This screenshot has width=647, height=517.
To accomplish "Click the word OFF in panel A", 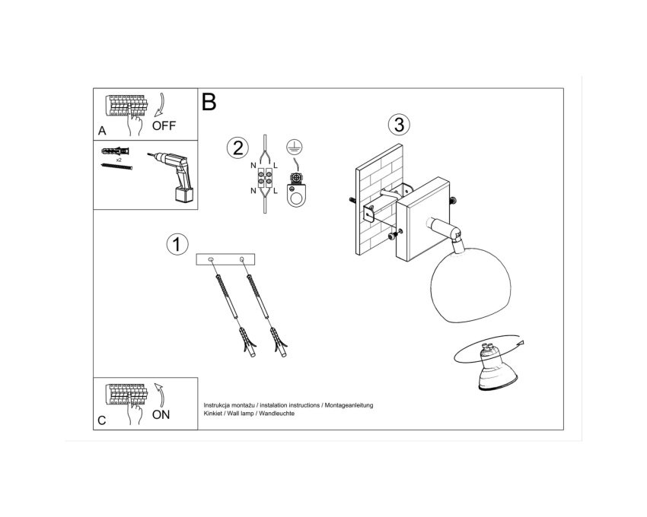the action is click(x=164, y=125).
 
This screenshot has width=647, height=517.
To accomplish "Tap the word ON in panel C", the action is click(x=161, y=415).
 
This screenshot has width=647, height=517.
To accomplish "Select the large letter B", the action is click(x=209, y=101).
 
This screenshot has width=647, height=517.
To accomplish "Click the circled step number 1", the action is click(x=177, y=245).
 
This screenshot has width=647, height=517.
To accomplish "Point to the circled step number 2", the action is click(x=237, y=148).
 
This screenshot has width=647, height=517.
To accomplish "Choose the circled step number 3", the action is click(x=399, y=124).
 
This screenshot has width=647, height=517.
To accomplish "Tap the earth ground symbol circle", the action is click(x=295, y=147).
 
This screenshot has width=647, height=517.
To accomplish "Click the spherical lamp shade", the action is click(x=470, y=285).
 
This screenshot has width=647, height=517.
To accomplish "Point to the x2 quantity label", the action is click(x=119, y=160).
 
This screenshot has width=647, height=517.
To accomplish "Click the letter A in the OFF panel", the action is click(x=102, y=131).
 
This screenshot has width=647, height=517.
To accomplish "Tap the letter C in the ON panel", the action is click(x=102, y=420).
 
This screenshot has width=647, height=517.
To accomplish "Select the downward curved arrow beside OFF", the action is click(x=160, y=105).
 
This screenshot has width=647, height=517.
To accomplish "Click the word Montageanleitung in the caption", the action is click(x=349, y=405).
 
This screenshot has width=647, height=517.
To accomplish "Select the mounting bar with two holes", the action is click(x=225, y=259).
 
